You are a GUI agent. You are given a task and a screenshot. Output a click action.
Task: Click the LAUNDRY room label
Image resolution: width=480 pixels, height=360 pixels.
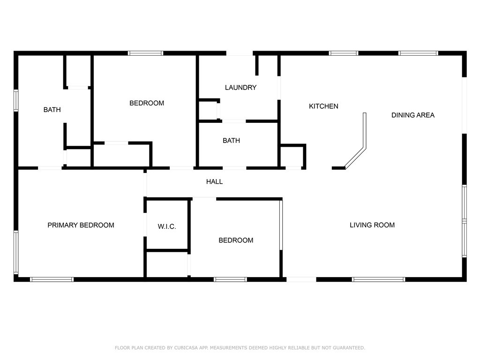[x=240, y=88]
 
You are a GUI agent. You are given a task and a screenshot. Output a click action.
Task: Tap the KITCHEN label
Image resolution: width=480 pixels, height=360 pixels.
[x=323, y=106]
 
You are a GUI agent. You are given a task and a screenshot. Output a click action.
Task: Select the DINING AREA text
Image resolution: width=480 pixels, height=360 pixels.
[x=413, y=115]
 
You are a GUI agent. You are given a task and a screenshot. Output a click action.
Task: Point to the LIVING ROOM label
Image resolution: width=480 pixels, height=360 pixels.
[x=372, y=225]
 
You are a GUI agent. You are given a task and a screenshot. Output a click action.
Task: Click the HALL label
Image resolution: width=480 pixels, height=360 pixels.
[x=214, y=181]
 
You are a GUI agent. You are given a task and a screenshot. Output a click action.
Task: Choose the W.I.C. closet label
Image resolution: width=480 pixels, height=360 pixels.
[x=167, y=226]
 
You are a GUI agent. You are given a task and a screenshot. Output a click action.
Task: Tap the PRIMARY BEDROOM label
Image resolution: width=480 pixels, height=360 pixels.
[x=81, y=225]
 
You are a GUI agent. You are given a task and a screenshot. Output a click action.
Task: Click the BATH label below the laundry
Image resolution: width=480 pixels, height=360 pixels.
[x=232, y=141]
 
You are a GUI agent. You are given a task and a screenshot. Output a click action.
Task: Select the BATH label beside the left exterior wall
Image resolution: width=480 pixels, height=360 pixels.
[x=52, y=110]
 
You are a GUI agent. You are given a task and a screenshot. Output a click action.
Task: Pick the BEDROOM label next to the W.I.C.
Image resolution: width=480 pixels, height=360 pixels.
[x=236, y=240]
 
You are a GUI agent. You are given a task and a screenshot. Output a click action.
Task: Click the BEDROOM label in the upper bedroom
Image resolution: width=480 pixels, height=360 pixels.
[x=147, y=103]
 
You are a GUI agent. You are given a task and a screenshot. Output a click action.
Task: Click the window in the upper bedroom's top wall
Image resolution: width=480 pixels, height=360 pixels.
[x=146, y=53]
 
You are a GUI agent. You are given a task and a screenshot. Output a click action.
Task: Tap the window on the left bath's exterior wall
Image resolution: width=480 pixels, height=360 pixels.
[x=16, y=100]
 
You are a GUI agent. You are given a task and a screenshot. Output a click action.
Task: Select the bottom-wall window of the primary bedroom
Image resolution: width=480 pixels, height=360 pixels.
[x=52, y=279]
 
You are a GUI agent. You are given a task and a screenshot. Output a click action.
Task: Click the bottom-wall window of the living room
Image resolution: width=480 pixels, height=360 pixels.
[x=379, y=279]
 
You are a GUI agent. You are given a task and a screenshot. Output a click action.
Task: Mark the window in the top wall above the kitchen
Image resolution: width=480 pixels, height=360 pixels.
[x=344, y=53]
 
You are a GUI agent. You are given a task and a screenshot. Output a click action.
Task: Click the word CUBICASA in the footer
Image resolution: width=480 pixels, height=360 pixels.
[x=187, y=348]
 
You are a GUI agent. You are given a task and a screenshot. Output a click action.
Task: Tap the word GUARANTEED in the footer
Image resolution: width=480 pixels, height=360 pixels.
[x=349, y=348]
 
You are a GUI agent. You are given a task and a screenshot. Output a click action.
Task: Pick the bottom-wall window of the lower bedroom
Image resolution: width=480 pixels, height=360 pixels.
[x=230, y=279]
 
